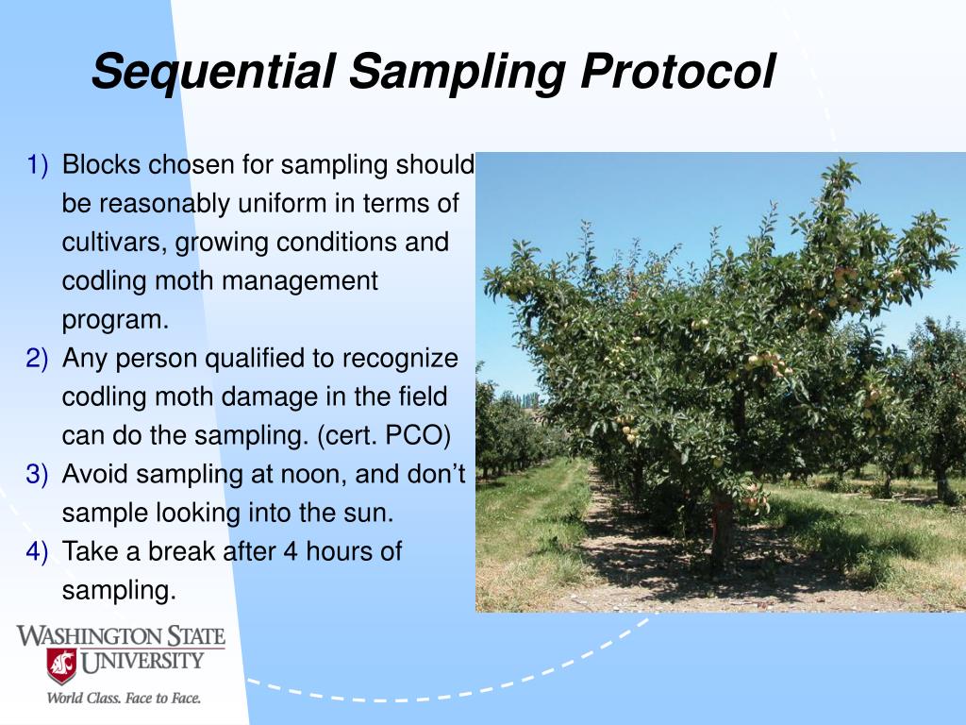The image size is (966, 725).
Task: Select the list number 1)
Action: (x=37, y=165)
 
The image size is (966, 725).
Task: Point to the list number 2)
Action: (x=37, y=359)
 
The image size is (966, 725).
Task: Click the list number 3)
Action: (x=37, y=475)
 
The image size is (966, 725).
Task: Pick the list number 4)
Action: (x=37, y=551)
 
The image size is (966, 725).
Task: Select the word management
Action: (x=299, y=281)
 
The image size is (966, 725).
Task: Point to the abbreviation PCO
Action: (x=418, y=436)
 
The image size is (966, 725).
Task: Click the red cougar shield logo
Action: (x=61, y=666)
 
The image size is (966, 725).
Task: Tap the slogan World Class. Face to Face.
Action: (x=124, y=699)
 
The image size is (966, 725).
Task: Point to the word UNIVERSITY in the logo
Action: (x=142, y=662)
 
